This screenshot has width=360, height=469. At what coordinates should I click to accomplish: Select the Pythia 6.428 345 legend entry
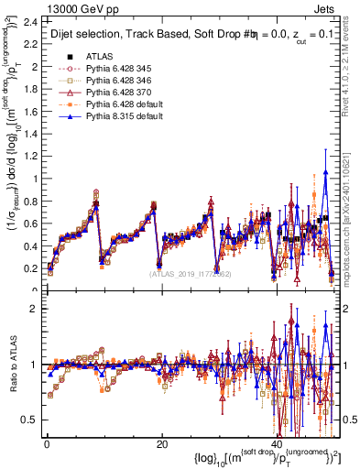[118, 68]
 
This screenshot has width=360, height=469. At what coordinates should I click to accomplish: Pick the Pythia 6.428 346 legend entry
[118, 80]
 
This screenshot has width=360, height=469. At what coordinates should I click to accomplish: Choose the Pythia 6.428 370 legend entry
[118, 92]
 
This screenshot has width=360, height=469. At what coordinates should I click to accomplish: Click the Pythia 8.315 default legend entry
[122, 115]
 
